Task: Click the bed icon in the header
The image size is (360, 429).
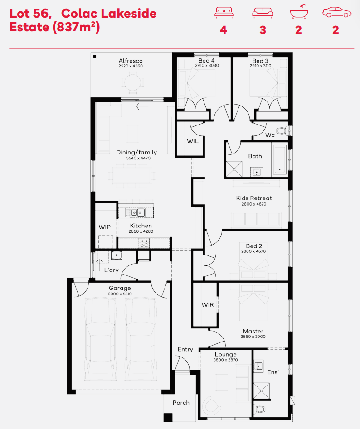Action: (x=224, y=13)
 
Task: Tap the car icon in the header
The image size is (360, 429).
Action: (x=337, y=13)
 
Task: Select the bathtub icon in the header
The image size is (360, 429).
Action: (x=299, y=11)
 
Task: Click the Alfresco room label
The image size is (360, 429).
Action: (x=131, y=61)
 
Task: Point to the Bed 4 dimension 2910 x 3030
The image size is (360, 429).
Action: (x=207, y=66)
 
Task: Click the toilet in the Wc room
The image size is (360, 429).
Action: (x=282, y=131)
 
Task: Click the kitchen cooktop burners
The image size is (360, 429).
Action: (x=144, y=243)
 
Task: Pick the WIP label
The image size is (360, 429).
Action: (x=105, y=227)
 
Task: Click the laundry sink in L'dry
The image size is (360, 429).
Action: (x=117, y=255)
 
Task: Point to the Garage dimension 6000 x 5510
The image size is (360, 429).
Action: (x=120, y=294)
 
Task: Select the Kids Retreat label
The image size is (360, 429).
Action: (x=254, y=198)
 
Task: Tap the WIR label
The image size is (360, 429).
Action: (x=208, y=304)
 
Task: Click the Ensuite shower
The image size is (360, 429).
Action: (x=262, y=390)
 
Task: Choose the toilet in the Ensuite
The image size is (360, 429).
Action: (x=259, y=409)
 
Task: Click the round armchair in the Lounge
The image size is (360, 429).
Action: (x=211, y=405)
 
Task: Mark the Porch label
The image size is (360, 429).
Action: (x=181, y=403)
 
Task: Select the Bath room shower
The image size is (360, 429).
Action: (x=234, y=169)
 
